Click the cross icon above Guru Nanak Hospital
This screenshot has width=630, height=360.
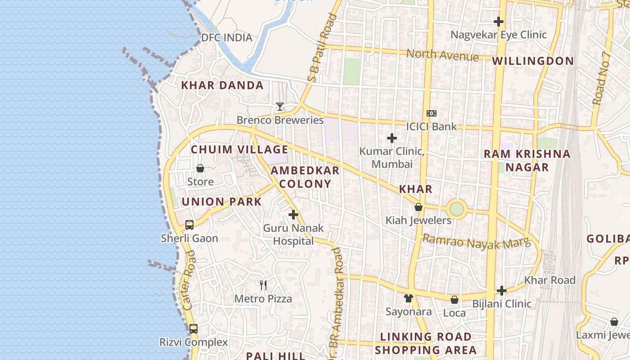(293, 215)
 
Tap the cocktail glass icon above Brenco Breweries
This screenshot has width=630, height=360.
(280, 107)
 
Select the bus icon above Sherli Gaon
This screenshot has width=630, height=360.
(189, 225)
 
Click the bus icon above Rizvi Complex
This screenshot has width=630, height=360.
(193, 328)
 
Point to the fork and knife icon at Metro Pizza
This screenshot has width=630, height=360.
(263, 285)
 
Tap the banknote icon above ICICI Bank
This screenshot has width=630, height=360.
(431, 113)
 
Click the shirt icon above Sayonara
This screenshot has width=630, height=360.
(408, 298)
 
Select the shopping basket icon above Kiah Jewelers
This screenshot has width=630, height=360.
(418, 207)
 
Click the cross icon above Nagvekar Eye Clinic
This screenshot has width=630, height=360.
(498, 21)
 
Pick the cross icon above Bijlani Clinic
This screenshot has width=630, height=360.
(502, 291)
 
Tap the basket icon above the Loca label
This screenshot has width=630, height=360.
(454, 300)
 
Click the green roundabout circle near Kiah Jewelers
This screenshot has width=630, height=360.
(456, 209)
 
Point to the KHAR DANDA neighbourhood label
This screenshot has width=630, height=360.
(222, 85)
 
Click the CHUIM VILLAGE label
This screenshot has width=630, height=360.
(239, 149)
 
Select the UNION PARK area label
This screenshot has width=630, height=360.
(221, 202)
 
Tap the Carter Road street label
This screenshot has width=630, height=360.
(190, 280)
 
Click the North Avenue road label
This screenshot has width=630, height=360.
(442, 55)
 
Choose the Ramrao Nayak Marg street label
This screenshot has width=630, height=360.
(477, 243)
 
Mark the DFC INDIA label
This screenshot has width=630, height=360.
(227, 37)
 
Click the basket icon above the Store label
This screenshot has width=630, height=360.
(200, 168)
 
